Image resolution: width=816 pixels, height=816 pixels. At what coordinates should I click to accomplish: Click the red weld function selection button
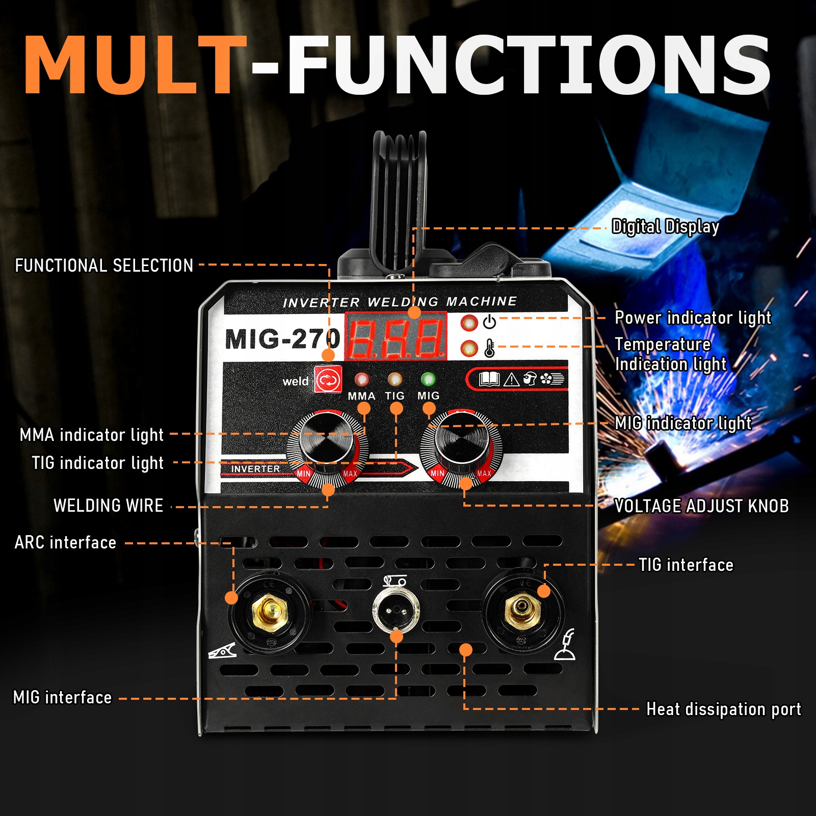[x=328, y=380]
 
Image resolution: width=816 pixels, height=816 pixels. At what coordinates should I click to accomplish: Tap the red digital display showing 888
[x=396, y=337]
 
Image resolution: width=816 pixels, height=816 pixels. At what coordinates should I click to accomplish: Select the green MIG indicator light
[x=428, y=379]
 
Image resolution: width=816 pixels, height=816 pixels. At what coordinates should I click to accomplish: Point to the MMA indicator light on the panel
[x=362, y=379]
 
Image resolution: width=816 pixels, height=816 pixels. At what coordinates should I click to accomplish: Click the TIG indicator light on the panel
[x=394, y=379]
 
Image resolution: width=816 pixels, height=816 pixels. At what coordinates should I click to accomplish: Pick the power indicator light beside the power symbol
[x=469, y=322]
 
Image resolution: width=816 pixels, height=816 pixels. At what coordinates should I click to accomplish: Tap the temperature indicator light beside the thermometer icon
[x=469, y=349]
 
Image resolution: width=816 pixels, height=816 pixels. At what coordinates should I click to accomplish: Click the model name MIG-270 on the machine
[x=282, y=339]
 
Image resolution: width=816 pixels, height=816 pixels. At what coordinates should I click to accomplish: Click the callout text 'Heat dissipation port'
[x=723, y=709]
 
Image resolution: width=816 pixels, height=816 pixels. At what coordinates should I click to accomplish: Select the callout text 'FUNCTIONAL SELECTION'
[x=104, y=266]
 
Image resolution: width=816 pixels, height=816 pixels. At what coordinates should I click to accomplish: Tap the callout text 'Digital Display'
[x=665, y=227]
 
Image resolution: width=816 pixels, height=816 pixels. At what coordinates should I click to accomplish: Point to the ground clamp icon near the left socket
[x=223, y=651]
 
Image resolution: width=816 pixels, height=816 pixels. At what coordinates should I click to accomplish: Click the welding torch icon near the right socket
[x=565, y=645]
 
